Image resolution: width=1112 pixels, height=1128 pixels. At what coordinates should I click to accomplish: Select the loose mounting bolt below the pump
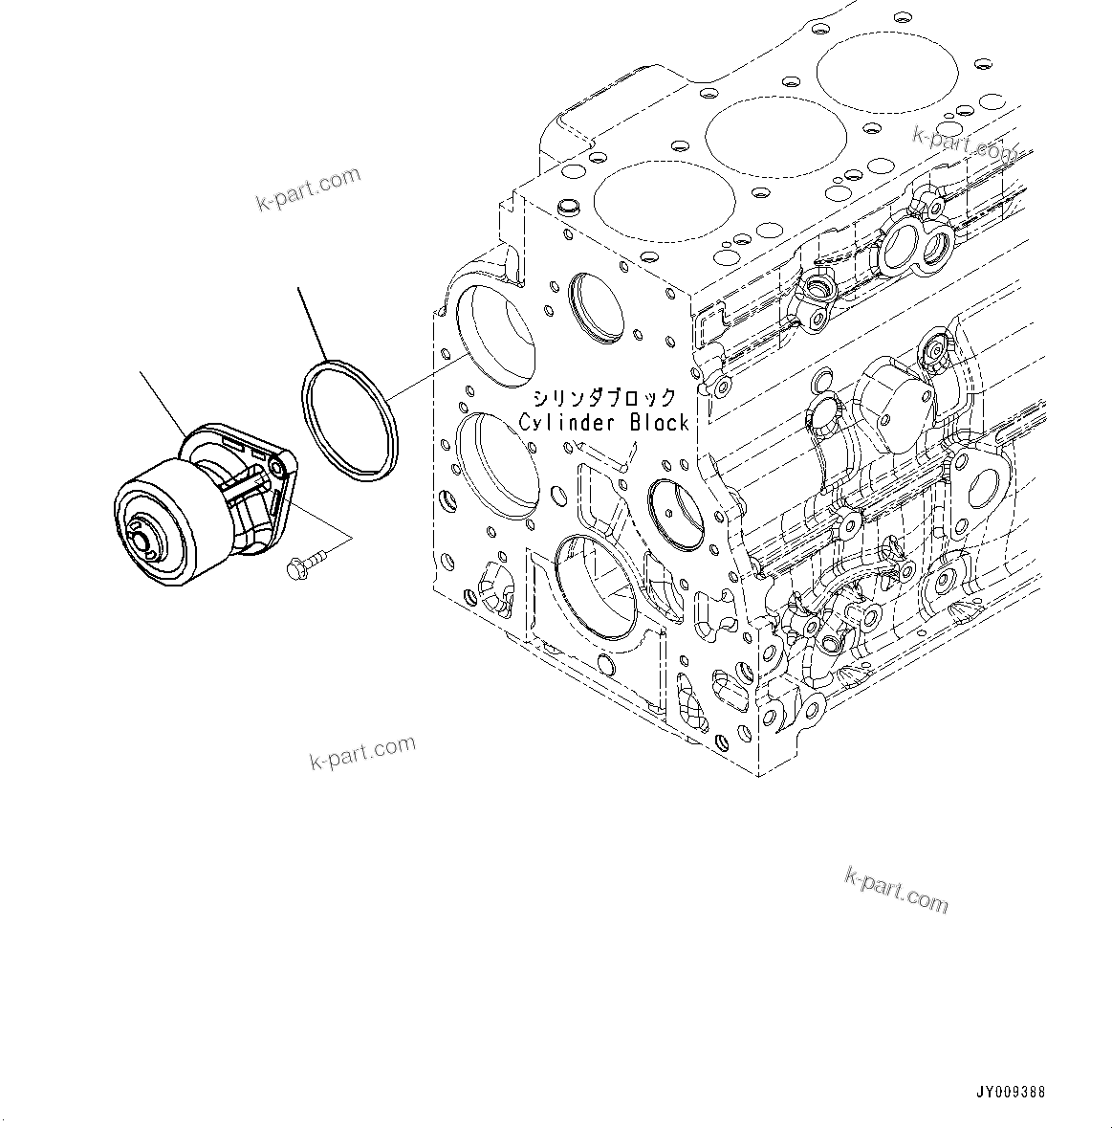click(x=304, y=564)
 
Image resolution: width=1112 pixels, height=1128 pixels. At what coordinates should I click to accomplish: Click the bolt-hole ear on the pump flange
click(x=278, y=466)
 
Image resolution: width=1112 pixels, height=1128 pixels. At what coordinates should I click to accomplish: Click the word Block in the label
click(x=659, y=422)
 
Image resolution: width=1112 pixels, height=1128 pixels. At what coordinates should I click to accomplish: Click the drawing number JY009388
click(x=1011, y=1091)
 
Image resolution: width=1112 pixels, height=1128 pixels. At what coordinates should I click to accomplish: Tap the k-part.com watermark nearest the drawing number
click(x=896, y=890)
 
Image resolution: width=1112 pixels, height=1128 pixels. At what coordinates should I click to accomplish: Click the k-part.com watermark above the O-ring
click(x=308, y=188)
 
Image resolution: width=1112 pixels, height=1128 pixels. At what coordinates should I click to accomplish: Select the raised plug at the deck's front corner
click(x=565, y=206)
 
